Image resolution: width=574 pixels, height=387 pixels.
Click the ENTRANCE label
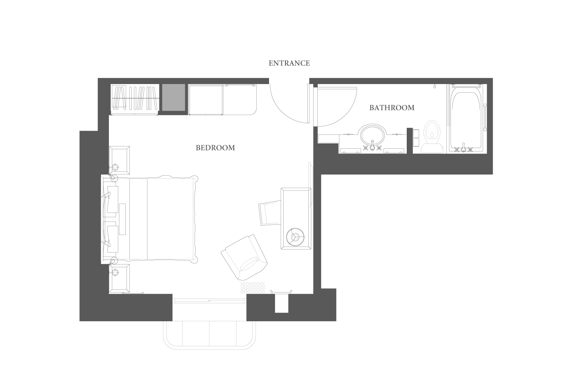289,63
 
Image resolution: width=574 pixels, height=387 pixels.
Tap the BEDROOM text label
215,148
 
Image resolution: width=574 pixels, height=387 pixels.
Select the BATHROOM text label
392,108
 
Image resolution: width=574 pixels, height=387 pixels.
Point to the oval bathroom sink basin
372,134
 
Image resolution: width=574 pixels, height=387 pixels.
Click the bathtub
466,119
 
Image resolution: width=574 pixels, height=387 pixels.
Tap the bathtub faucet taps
463,148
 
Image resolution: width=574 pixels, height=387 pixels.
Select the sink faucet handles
372,148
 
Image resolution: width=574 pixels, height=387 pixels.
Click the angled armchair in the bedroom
244,257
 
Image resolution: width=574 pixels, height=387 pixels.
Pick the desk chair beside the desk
269,213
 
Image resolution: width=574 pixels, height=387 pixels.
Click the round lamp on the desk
296,237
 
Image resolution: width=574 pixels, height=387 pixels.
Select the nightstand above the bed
119,160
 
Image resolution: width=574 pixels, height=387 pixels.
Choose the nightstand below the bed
119,278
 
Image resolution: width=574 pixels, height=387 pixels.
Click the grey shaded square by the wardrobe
174,97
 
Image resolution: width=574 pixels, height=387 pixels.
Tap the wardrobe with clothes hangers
135,99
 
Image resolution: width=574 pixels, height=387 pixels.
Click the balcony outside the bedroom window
209,335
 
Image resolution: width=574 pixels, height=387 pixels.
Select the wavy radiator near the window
253,288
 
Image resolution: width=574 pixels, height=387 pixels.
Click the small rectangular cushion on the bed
122,219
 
